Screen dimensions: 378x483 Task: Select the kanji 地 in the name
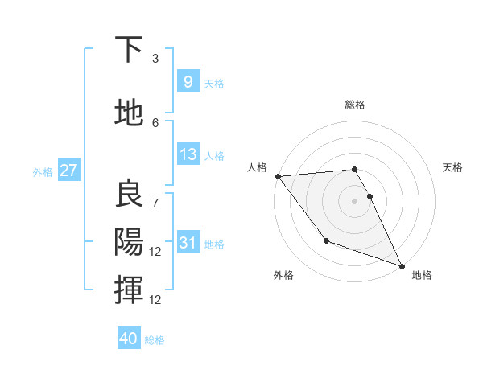tap(130, 113)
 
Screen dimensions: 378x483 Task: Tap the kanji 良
tap(130, 193)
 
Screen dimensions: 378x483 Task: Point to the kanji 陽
tap(130, 240)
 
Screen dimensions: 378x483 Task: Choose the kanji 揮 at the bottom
tap(130, 289)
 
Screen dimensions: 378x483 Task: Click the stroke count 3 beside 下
tap(155, 59)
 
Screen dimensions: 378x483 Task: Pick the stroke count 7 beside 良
tap(155, 195)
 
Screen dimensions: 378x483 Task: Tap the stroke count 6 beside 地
tap(155, 122)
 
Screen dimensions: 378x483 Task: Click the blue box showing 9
tap(188, 82)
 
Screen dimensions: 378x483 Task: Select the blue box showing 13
tap(188, 154)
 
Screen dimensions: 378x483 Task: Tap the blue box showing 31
tap(188, 243)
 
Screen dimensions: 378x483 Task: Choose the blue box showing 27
tap(68, 171)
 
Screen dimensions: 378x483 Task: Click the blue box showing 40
tap(129, 339)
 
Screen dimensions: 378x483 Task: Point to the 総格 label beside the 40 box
tap(155, 340)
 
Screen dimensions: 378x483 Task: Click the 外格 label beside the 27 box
tap(43, 171)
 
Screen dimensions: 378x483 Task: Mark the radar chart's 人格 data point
tap(278, 176)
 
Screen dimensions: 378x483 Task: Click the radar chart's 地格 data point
tap(402, 265)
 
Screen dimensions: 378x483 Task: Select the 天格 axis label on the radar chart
tap(453, 167)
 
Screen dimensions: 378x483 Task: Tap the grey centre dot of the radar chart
tap(354, 200)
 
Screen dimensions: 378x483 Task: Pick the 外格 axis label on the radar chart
tap(283, 275)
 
